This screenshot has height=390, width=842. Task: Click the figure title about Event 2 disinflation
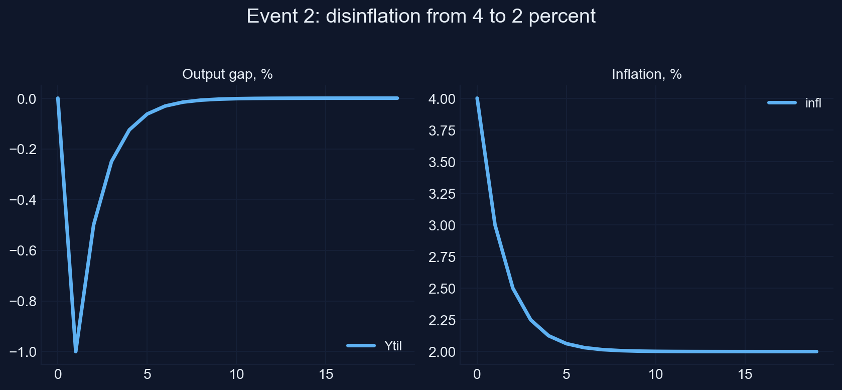click(421, 17)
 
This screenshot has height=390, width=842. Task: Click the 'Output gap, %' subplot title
click(227, 74)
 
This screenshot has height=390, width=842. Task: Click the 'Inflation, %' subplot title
click(646, 74)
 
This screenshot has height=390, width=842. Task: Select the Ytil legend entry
click(374, 346)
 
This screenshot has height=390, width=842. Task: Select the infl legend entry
click(794, 103)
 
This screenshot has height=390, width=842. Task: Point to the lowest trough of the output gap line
click(76, 351)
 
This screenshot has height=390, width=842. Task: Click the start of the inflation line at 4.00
click(477, 98)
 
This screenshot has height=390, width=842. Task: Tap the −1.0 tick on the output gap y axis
click(23, 352)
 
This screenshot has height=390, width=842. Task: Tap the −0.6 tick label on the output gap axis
click(23, 250)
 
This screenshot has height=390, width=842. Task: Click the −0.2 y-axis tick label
click(23, 149)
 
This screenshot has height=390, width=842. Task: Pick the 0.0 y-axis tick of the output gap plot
click(27, 99)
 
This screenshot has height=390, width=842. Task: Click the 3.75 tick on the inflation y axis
click(442, 131)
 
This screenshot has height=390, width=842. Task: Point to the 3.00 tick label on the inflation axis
click(442, 225)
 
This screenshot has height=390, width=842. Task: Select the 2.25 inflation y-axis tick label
click(442, 320)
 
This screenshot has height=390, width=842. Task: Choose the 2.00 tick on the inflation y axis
click(442, 352)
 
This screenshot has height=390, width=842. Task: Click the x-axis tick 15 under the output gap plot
click(326, 374)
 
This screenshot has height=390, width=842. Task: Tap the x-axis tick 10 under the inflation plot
click(655, 374)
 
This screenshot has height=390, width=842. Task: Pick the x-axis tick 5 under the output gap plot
click(147, 374)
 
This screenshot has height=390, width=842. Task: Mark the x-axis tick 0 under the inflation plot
click(477, 374)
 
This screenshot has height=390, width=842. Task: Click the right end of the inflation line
click(816, 352)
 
